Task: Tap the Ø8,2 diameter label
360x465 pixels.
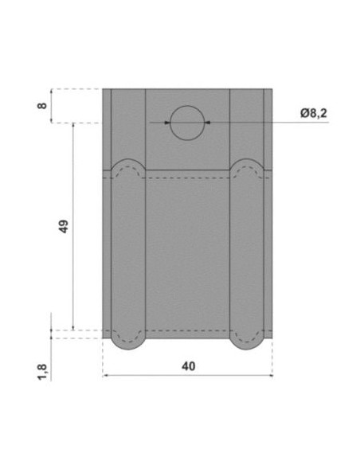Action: point(314,113)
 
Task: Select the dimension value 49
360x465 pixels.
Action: point(64,226)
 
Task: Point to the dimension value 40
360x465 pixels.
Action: point(188,366)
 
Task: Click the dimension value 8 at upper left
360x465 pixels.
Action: point(43,105)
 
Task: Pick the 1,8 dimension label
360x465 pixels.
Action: point(42,372)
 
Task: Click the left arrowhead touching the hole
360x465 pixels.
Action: point(167,123)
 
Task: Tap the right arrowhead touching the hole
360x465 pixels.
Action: point(207,123)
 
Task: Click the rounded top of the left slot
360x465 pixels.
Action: point(128,159)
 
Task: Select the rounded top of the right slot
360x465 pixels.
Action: point(247,159)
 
